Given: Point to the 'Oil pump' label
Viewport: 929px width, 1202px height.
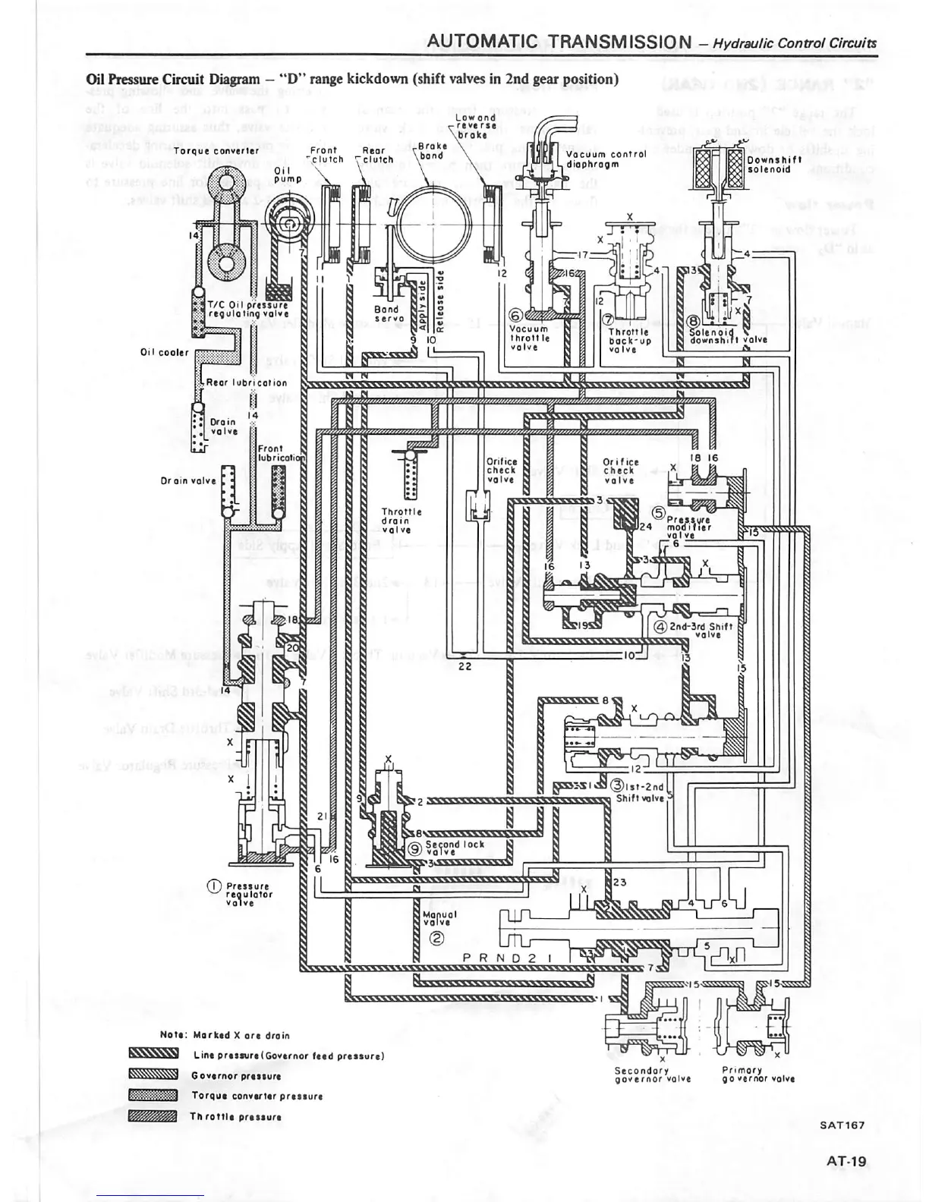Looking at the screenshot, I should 282,175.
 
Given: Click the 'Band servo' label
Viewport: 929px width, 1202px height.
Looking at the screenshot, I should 386,314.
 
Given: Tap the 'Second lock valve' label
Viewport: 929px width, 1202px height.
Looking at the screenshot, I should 454,848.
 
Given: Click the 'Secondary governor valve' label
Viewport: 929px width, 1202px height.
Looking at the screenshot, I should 652,1075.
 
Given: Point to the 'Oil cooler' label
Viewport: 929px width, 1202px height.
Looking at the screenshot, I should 164,352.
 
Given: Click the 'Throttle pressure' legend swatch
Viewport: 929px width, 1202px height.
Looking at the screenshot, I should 153,1116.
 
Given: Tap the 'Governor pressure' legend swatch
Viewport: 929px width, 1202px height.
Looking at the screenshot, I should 153,1075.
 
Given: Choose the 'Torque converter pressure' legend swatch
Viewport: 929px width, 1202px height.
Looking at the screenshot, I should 153,1095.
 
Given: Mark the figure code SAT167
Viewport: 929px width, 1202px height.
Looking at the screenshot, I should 841,1125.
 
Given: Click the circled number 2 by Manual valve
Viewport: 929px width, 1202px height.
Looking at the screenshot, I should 436,938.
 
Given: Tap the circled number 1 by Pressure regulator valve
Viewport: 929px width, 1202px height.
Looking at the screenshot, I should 215,886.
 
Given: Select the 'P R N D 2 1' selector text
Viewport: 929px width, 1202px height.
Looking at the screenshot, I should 506,958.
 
